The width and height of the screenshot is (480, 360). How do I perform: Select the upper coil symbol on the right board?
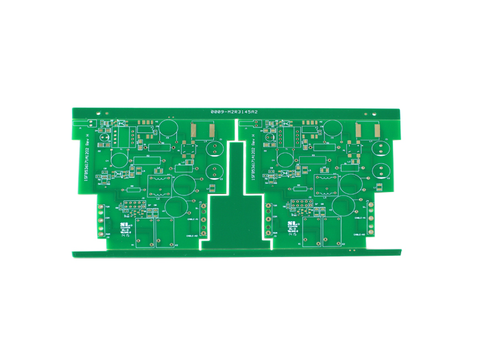point(327,178)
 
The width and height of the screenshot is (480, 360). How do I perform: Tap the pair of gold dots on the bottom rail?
point(351,251)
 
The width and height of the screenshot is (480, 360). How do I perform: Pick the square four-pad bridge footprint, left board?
point(185,149)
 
